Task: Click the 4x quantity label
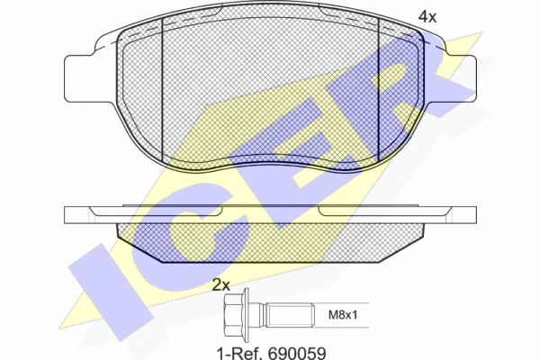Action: pos(427,16)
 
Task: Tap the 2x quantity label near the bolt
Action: pos(221,284)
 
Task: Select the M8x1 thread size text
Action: pos(343,314)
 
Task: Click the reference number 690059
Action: pos(297,353)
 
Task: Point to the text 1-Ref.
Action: pos(240,353)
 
